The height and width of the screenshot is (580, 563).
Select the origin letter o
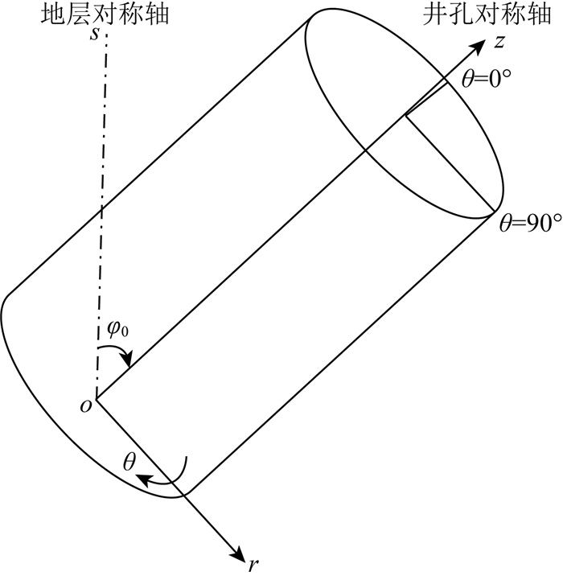point(84,405)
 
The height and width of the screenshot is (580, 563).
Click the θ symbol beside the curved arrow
point(128,461)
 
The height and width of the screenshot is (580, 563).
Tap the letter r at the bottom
point(253,564)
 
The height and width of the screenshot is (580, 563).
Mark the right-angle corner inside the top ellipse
point(406,116)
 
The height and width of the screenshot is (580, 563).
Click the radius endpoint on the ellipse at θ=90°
point(492,215)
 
